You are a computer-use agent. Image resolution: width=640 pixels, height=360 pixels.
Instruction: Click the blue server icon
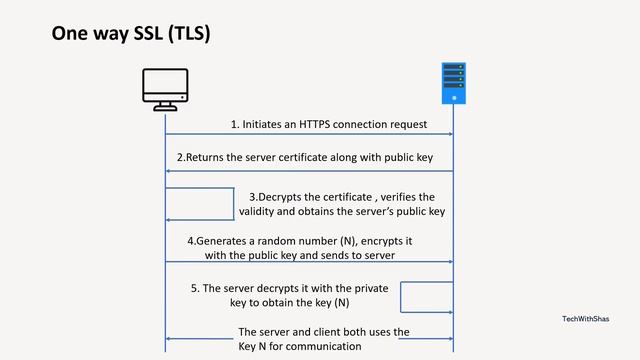pos(454,83)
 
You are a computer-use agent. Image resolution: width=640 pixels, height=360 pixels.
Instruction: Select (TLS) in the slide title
pos(190,35)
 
